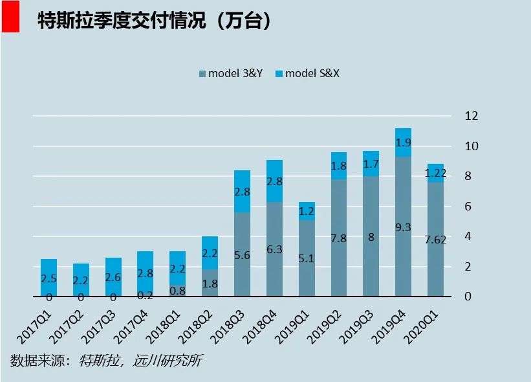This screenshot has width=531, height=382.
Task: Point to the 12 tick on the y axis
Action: [x=471, y=116]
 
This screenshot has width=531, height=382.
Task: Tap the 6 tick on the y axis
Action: [x=471, y=207]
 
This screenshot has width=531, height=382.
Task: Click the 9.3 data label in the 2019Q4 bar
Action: [x=403, y=227]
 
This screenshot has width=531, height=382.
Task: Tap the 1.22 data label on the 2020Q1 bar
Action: [x=435, y=173]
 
